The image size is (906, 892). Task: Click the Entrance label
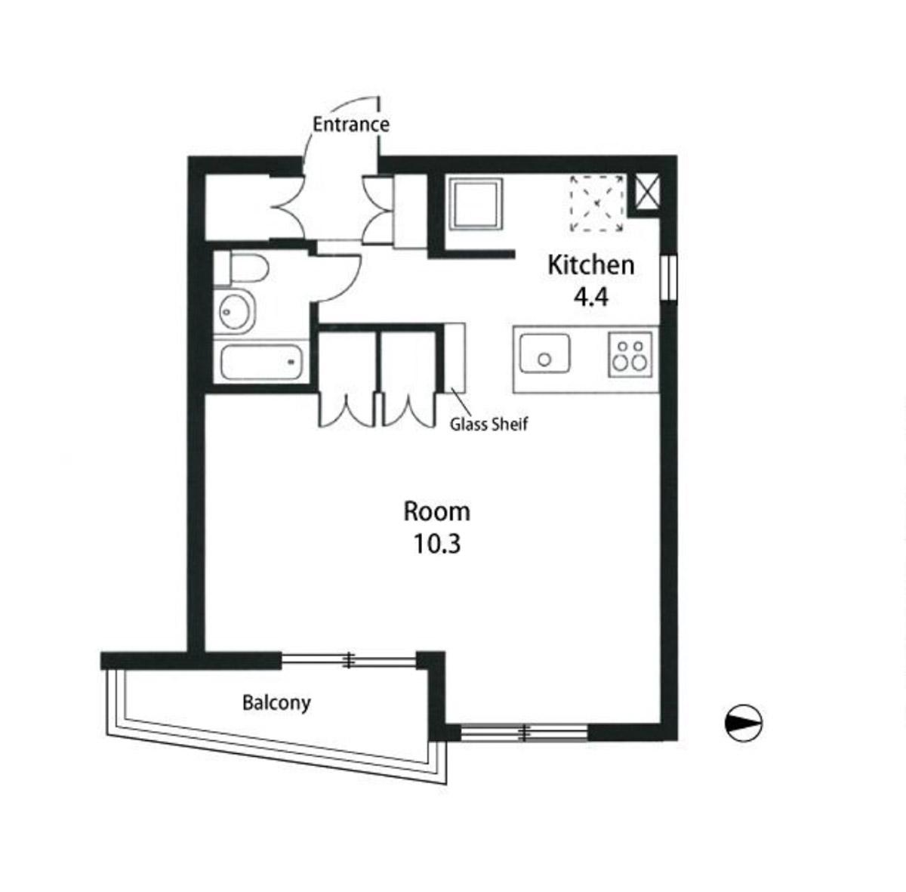pos(351,125)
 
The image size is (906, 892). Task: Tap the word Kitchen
pos(591,265)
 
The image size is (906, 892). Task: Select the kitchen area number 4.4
pos(591,297)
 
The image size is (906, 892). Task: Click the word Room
pos(437,511)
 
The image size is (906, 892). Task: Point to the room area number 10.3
pos(437,544)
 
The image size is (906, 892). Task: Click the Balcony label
pos(276,703)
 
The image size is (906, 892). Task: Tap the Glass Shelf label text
pos(488,424)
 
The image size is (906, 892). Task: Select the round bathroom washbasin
pos(235,312)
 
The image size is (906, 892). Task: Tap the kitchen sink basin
pos(544,353)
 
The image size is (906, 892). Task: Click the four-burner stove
pos(630,354)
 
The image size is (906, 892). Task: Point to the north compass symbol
pos(744,723)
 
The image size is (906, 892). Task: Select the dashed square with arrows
pos(597,204)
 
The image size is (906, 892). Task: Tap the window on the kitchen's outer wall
pos(669,278)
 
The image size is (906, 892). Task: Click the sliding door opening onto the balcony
pos(348,660)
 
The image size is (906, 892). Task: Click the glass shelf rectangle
pos(455,357)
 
